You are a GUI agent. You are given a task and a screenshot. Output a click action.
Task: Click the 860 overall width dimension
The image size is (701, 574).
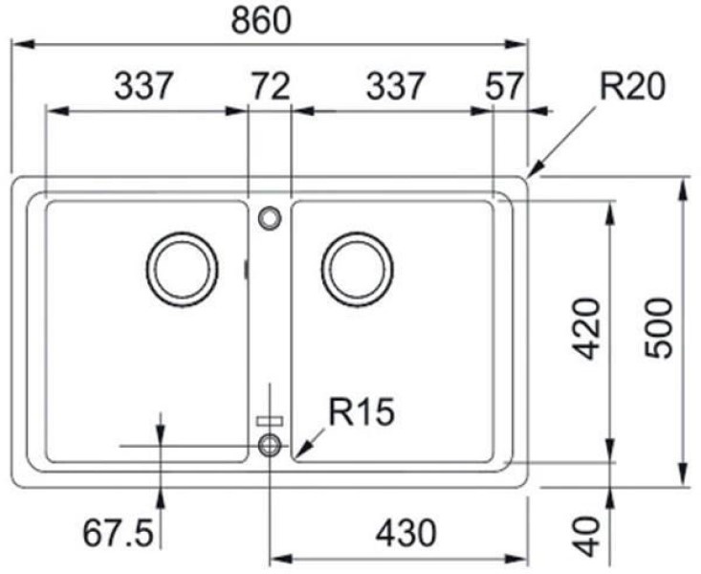[261, 21]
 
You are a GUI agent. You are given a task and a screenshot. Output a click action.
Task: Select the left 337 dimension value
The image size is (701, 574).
[143, 86]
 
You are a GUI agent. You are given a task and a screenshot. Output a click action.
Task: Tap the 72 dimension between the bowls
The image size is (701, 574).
[271, 86]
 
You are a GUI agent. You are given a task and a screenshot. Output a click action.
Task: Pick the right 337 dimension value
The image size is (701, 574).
[394, 86]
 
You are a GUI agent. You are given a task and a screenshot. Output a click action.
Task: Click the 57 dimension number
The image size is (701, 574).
[504, 86]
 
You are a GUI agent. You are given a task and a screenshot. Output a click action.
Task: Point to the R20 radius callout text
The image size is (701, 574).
[632, 86]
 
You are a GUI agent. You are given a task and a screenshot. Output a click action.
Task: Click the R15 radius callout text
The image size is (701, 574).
[361, 411]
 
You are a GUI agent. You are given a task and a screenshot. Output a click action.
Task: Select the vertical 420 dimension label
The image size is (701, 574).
[586, 330]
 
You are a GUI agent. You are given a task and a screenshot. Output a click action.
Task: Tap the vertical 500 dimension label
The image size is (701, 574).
[658, 329]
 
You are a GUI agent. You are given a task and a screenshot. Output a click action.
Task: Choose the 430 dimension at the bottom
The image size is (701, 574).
[405, 533]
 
